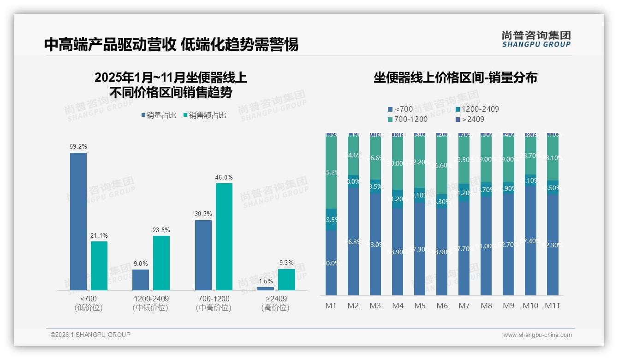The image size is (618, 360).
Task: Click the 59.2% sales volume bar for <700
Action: click(78, 222)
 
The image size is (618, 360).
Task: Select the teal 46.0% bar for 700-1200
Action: click(224, 236)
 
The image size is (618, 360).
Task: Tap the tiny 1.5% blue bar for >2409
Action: click(266, 288)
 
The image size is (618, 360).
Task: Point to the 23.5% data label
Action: click(161, 230)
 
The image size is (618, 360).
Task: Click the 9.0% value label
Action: click(141, 264)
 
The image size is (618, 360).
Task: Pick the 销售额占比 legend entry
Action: click(204, 115)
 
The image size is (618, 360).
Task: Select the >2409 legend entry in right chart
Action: click(469, 120)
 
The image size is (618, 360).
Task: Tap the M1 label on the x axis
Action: click(331, 306)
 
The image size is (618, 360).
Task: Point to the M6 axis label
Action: click(442, 306)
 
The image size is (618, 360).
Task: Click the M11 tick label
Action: click(553, 306)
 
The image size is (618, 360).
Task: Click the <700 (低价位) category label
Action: click(89, 303)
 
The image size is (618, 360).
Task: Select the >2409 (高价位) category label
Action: click(276, 303)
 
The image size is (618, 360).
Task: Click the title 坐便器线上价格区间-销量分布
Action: click(455, 78)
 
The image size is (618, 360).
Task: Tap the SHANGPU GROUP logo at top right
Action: click(536, 39)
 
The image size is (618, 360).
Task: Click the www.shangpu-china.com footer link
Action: click(537, 335)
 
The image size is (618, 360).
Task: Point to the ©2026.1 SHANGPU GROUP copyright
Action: click(90, 335)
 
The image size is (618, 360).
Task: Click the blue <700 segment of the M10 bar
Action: click(530, 240)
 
